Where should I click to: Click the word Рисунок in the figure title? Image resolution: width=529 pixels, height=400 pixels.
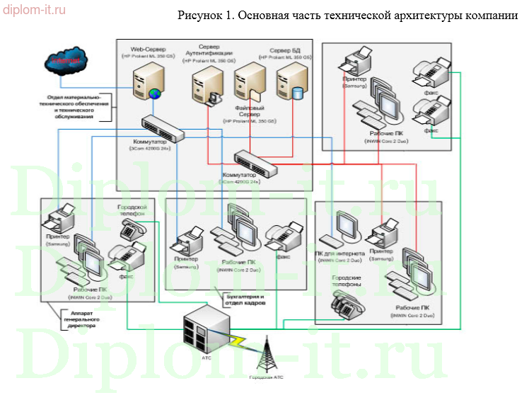coord(197,16)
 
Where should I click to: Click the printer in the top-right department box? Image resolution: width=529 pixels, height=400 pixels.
coord(356,62)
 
